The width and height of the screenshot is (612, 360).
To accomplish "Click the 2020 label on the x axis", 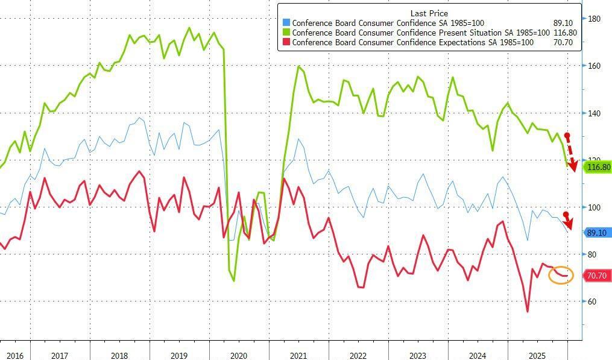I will [239, 356].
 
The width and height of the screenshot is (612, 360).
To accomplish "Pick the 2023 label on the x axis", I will [418, 356].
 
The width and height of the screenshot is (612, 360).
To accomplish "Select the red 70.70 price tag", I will [597, 276].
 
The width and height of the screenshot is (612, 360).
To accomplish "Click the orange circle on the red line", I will [561, 275].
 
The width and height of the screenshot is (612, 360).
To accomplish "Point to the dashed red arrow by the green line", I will [570, 152].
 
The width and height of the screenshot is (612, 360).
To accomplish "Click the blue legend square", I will [286, 24].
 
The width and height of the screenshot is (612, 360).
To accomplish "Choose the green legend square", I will [286, 33].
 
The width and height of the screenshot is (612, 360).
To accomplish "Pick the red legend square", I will [286, 42].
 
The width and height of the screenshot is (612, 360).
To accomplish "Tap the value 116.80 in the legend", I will [564, 33].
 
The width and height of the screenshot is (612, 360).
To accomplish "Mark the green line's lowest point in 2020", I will [234, 280].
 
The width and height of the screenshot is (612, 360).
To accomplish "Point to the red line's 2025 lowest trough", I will [528, 312].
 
